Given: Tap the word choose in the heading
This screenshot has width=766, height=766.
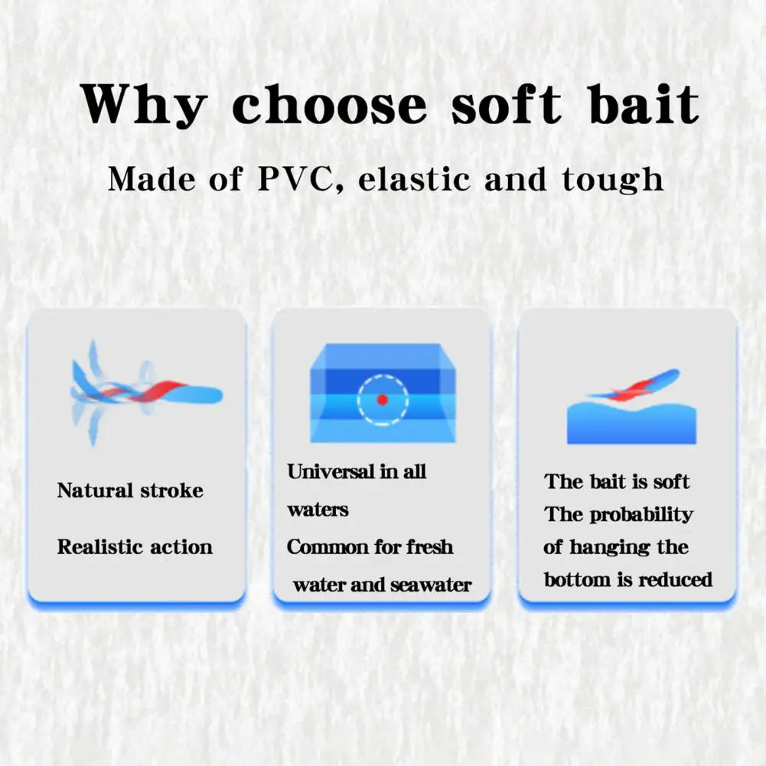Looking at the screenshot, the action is [x=329, y=105].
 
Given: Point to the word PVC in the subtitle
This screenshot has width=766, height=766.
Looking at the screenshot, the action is [x=295, y=178].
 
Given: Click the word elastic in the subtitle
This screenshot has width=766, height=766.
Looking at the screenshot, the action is [x=416, y=178].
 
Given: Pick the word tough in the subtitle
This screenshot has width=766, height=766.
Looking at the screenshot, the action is [x=613, y=179].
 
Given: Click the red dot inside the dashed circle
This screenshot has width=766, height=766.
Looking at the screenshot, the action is [x=382, y=399].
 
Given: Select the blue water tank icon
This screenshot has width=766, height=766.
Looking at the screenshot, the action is [x=383, y=393].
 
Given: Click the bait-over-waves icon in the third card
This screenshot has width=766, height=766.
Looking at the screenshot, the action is [x=631, y=406].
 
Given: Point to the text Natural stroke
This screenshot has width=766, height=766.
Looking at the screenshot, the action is [x=130, y=490].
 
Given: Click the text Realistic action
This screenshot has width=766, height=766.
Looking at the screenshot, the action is [x=135, y=546].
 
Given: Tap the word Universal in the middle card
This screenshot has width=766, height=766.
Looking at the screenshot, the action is [x=331, y=471].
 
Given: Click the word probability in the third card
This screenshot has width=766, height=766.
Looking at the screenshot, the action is [x=641, y=515].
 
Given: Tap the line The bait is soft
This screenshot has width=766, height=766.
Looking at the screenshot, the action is [x=617, y=481].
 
